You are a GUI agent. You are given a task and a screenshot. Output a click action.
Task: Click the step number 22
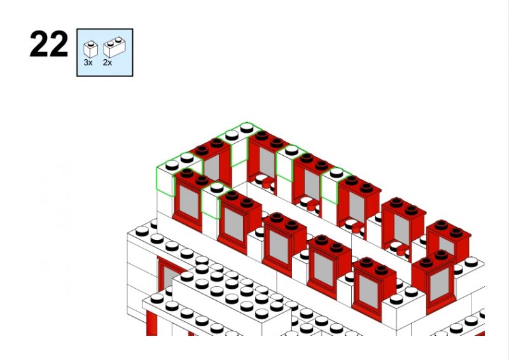click(49, 44)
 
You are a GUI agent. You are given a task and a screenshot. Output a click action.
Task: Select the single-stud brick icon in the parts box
click(90, 50)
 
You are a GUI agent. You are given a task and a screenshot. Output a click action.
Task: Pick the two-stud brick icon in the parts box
click(115, 47)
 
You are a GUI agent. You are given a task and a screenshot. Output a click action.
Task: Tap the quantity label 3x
click(88, 62)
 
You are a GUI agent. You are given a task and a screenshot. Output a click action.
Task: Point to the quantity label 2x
click(108, 62)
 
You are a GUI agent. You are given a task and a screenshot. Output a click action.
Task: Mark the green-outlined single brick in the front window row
click(214, 200)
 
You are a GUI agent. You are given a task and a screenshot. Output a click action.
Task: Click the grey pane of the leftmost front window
click(189, 202)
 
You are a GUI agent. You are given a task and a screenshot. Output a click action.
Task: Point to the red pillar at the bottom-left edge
click(151, 323)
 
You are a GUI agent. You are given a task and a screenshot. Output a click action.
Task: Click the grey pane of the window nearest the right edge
click(439, 284)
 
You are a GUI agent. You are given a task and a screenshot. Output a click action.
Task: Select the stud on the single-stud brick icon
click(91, 43)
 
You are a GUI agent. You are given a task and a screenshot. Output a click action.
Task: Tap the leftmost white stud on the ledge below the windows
click(142, 231)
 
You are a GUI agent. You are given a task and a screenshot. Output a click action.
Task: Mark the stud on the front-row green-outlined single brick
click(217, 187)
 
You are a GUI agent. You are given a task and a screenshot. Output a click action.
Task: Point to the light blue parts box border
click(105, 53)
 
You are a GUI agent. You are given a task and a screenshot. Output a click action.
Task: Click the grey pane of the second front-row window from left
click(234, 224)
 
